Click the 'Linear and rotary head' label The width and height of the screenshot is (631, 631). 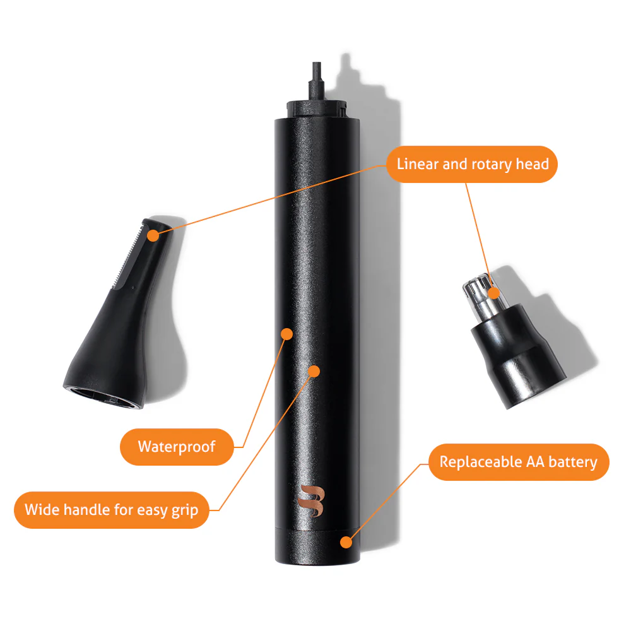click(472, 164)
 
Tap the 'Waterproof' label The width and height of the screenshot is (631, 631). click(177, 447)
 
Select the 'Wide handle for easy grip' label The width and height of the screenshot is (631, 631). click(112, 510)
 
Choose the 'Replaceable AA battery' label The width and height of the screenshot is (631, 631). click(519, 462)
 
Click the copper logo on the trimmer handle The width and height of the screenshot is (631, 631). click(311, 501)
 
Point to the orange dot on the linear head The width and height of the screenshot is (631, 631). click(153, 235)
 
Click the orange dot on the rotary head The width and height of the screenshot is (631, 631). click(494, 293)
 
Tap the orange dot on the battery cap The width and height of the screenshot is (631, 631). click(346, 542)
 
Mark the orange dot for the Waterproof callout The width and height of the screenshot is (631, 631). click(287, 334)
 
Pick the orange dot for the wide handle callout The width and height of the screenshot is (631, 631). click(314, 371)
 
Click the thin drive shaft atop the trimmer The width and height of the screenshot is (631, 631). click(316, 81)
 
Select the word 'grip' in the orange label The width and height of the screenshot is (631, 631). click(185, 510)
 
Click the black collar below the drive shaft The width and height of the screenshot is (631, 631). click(316, 109)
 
